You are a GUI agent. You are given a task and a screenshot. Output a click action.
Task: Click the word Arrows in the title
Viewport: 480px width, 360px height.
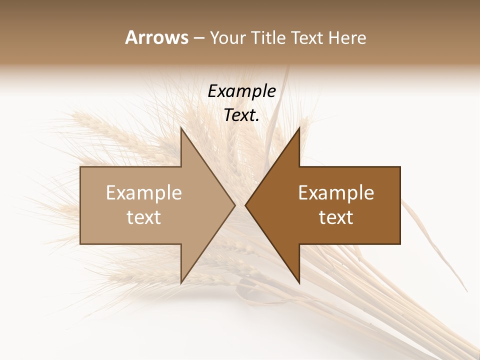click(x=156, y=37)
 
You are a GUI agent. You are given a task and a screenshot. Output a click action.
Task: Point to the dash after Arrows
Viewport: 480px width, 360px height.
click(x=198, y=38)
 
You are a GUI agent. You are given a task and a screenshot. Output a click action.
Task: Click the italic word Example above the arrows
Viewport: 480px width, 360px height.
click(x=241, y=91)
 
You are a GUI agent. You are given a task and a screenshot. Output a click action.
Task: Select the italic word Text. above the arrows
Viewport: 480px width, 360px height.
click(x=241, y=115)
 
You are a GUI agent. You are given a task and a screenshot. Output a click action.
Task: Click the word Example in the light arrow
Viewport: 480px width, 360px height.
click(x=144, y=192)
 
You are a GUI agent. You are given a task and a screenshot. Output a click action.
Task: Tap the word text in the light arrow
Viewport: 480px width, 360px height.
click(x=144, y=217)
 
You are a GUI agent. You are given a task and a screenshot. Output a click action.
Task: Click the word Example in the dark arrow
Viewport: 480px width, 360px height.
click(x=336, y=192)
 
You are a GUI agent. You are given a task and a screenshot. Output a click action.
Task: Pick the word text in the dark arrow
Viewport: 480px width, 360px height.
click(x=336, y=217)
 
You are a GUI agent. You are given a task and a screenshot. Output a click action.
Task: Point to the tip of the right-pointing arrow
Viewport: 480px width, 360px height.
click(x=234, y=205)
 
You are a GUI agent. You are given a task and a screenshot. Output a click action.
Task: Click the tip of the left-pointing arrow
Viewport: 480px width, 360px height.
click(x=245, y=205)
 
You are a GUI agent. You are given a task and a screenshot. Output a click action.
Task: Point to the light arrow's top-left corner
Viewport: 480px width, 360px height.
click(x=81, y=167)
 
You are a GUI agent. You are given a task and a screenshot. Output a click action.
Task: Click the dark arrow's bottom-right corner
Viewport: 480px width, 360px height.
click(x=399, y=243)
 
